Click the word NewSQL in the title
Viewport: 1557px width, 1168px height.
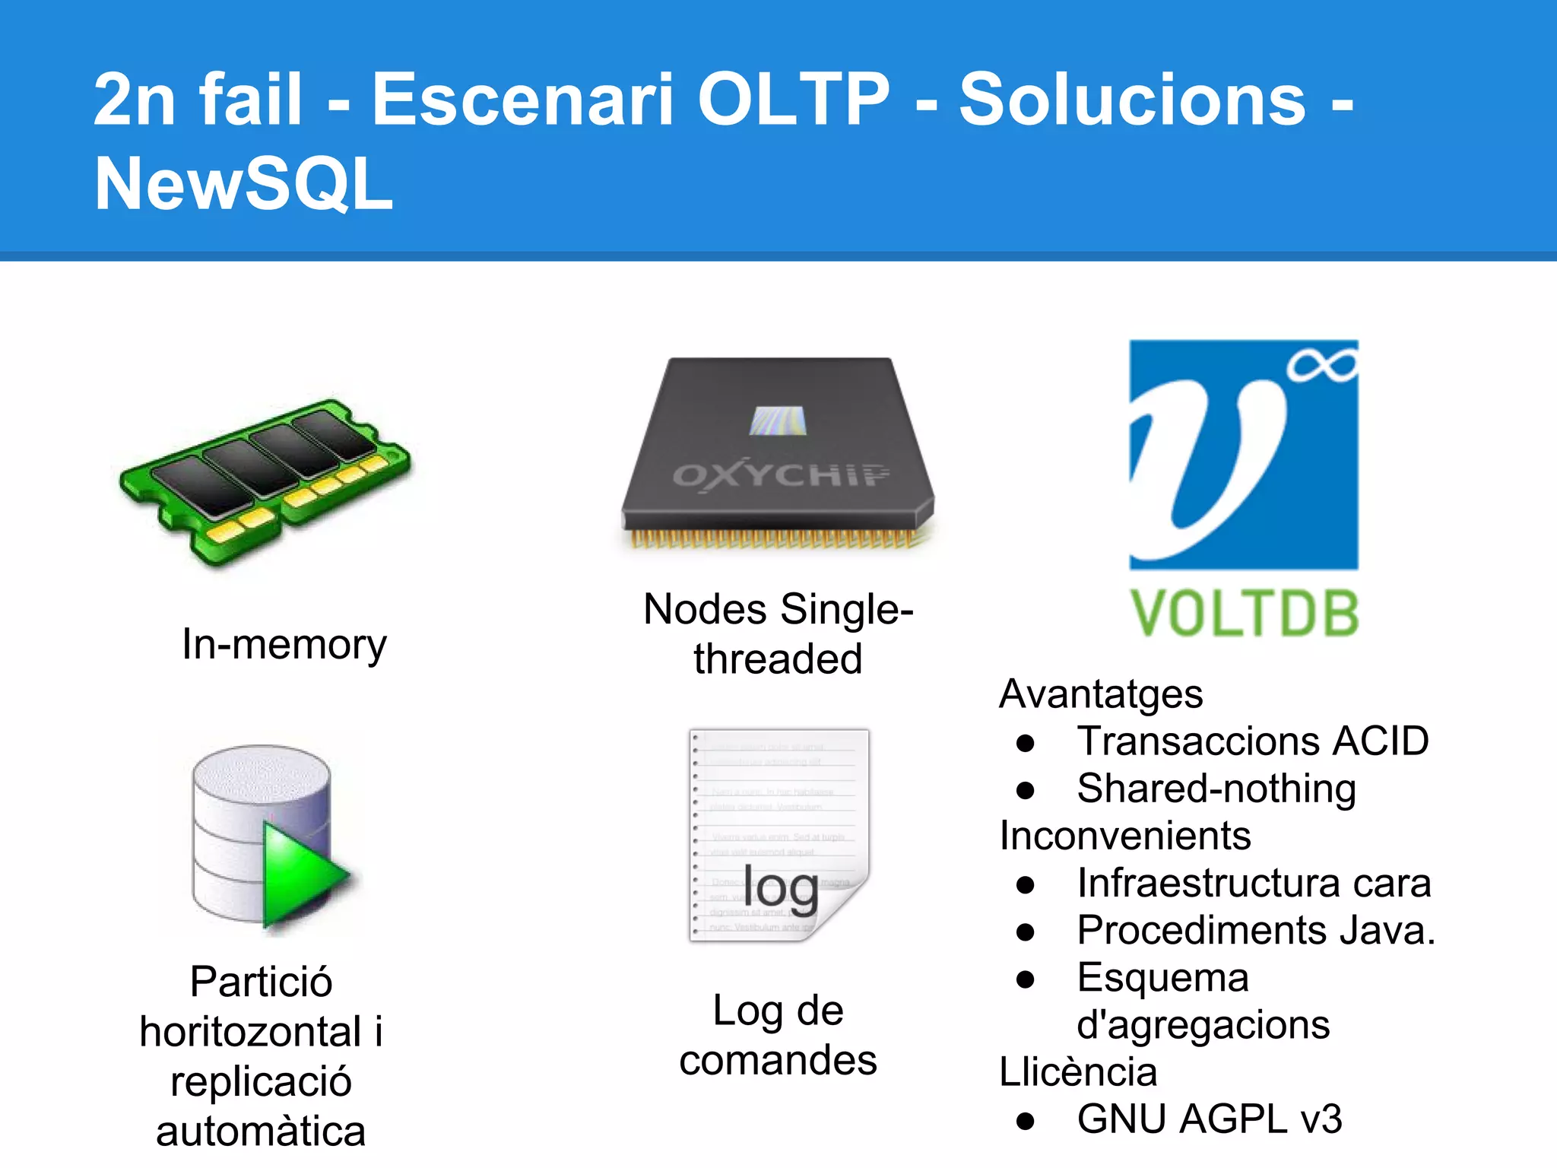pyautogui.click(x=243, y=184)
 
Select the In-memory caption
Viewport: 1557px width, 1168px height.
pyautogui.click(x=284, y=645)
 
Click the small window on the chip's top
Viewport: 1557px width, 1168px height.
pyautogui.click(x=776, y=421)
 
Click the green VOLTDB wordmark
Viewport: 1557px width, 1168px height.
pyautogui.click(x=1245, y=614)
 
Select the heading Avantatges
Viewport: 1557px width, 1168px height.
pyautogui.click(x=1101, y=693)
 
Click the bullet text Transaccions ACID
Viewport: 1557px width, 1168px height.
pyautogui.click(x=1253, y=741)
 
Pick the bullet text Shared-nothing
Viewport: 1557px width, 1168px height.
pyautogui.click(x=1216, y=789)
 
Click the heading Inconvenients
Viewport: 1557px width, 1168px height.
pyautogui.click(x=1125, y=836)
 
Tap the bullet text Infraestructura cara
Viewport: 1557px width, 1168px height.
pyautogui.click(x=1254, y=883)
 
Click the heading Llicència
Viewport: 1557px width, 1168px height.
pyautogui.click(x=1078, y=1071)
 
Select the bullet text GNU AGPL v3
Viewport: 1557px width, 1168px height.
pyautogui.click(x=1210, y=1119)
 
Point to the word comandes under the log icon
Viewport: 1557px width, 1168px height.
pyautogui.click(x=778, y=1060)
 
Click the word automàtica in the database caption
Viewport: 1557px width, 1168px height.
pyautogui.click(x=261, y=1131)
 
